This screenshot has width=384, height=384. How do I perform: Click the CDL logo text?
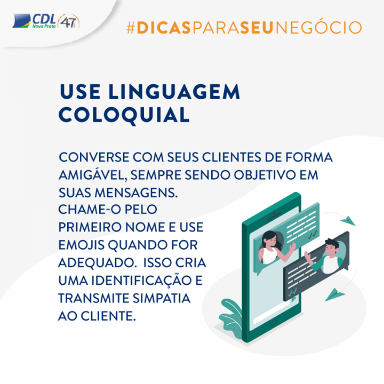tap(44, 19)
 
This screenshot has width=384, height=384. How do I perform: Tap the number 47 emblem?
tap(68, 21)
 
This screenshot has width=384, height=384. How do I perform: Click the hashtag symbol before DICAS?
tap(131, 27)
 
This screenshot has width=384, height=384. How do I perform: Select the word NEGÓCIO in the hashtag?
tap(318, 27)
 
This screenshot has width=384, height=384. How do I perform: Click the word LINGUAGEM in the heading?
tap(174, 92)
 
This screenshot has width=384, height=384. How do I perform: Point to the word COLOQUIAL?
tap(124, 115)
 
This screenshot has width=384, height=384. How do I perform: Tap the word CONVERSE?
tap(94, 157)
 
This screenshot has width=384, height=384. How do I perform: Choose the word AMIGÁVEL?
tap(93, 175)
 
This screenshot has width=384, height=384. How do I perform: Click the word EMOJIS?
tap(82, 245)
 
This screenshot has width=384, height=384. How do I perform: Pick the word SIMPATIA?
tap(162, 298)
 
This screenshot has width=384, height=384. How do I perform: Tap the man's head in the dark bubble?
tap(331, 247)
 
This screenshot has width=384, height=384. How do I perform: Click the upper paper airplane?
tap(348, 221)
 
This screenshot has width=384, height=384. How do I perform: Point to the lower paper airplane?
tap(334, 294)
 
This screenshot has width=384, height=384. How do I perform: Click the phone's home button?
tap(274, 323)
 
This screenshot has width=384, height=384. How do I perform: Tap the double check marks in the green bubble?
tap(313, 235)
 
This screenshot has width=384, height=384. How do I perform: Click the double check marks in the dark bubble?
tap(292, 292)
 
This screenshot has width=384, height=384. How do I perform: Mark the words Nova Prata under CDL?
tap(44, 26)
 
